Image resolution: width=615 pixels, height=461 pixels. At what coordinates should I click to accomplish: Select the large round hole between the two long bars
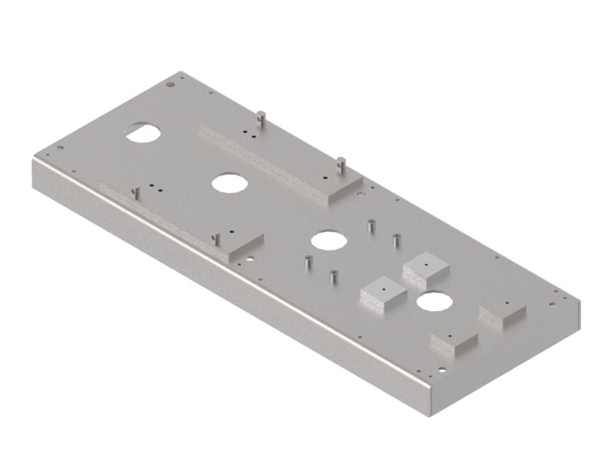point(228,183)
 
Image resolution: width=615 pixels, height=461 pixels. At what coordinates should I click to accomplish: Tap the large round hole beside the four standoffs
point(328,239)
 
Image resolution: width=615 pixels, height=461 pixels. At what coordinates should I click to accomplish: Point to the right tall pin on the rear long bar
point(340,164)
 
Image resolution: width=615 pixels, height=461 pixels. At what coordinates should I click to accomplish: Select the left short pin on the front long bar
point(135,191)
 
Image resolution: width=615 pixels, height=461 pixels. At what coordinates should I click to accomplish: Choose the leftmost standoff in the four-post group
point(307,262)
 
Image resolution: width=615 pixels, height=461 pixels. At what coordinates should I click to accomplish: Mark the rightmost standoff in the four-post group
point(397,240)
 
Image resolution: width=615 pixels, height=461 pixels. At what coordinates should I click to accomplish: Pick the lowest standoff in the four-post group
point(334,276)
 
